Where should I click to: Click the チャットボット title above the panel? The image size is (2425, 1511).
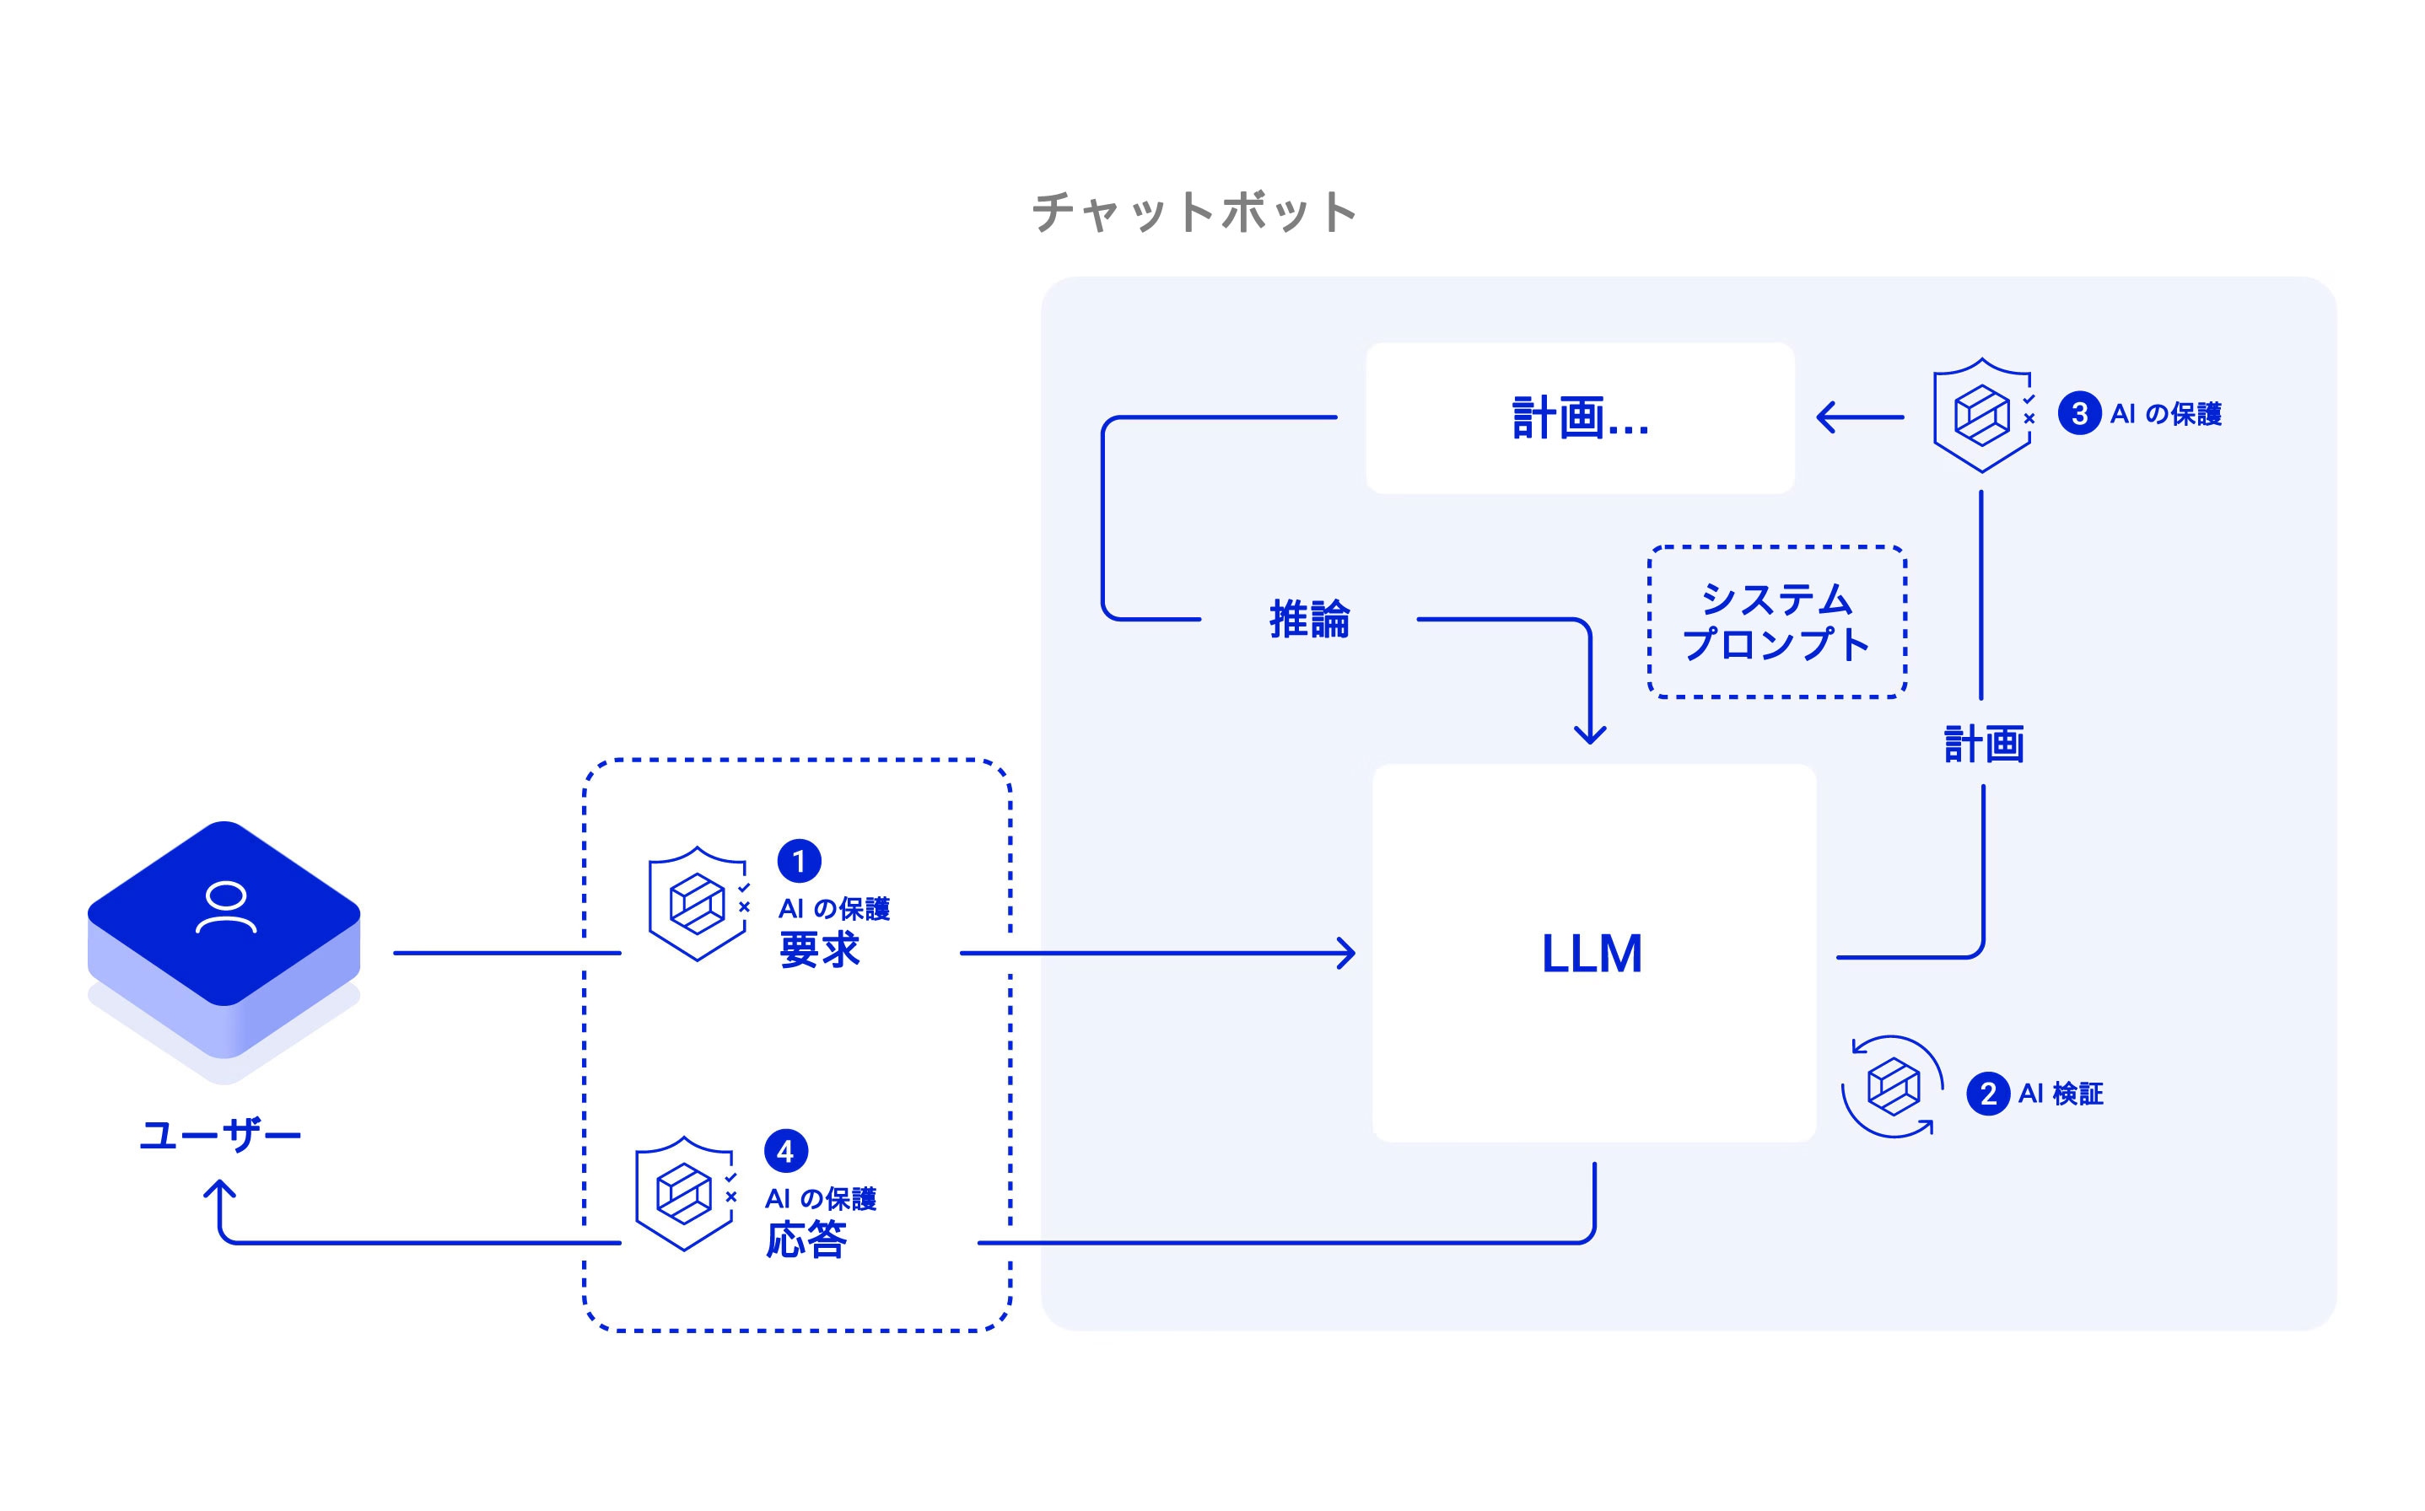(1194, 212)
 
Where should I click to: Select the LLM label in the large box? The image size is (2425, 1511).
(1592, 954)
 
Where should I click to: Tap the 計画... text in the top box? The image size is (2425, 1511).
(1579, 417)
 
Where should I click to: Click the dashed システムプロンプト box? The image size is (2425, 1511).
(1776, 621)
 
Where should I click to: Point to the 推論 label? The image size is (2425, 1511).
(1308, 620)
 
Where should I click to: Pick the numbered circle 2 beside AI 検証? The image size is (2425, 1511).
(1987, 1094)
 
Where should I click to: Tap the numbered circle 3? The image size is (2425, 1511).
(2079, 414)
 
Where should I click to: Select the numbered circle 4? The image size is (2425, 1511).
(784, 1151)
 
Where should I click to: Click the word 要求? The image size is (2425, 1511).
(820, 949)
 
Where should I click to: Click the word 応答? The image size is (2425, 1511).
(806, 1239)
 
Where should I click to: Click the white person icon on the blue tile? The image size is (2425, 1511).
(226, 907)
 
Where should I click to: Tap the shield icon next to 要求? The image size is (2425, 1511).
(698, 903)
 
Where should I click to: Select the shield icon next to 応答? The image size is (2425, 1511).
(685, 1193)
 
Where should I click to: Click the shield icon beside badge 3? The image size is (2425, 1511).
(1982, 415)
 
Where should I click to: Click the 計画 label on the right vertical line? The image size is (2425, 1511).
(1983, 745)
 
